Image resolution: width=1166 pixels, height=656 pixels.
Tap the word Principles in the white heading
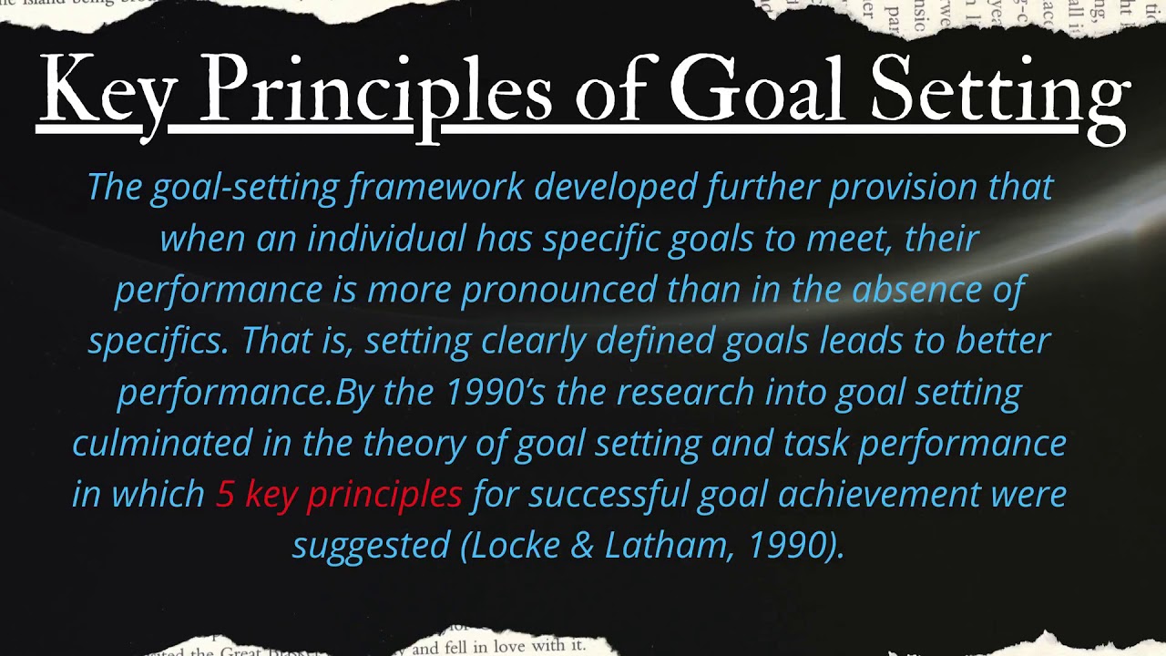[x=374, y=91]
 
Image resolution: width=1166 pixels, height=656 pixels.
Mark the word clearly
[x=533, y=341]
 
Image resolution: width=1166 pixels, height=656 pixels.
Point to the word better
[x=1002, y=341]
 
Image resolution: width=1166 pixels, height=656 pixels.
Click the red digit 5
[x=225, y=494]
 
